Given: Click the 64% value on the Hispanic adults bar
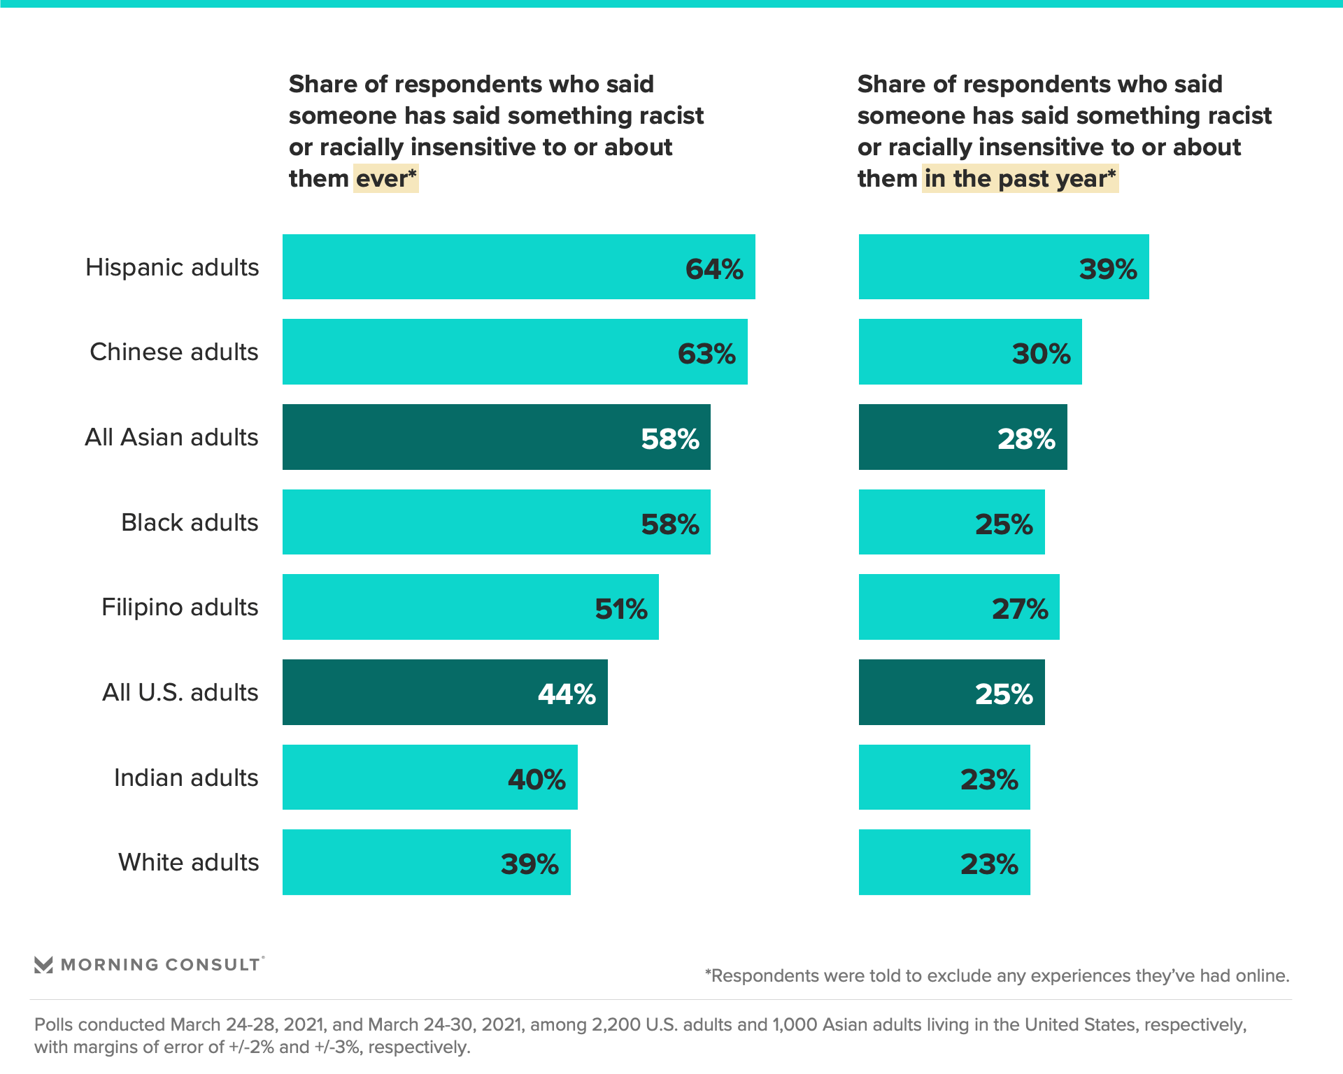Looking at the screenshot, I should (714, 269).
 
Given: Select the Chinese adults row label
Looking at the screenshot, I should (173, 352).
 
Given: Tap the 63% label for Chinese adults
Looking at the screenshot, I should (706, 354).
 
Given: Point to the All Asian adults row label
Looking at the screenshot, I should (171, 437).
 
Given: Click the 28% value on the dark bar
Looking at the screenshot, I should (1026, 439).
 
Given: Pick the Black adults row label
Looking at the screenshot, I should (190, 522).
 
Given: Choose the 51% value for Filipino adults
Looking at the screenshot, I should (621, 609).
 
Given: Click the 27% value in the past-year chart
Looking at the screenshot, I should (1020, 609).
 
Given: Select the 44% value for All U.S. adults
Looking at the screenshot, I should (567, 694).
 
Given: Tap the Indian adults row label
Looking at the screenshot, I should (186, 778).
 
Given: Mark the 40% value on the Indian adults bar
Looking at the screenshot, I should (537, 780).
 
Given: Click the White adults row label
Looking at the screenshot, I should (188, 862).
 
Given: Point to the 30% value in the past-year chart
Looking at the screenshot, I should (1041, 354).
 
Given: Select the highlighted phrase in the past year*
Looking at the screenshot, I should (1020, 178).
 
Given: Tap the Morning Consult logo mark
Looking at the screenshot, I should (43, 965).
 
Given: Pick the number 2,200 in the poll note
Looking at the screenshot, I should (616, 1024).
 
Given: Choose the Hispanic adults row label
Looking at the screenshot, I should (172, 267).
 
